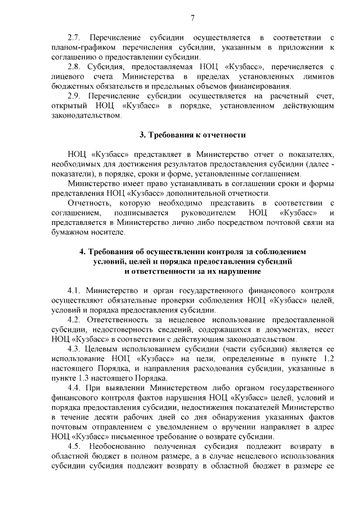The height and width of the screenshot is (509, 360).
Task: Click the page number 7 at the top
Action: (x=192, y=18)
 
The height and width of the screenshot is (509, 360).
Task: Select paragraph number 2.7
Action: (x=74, y=37)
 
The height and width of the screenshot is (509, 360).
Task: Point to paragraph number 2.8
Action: (x=74, y=66)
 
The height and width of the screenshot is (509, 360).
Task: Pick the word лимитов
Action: (x=319, y=76)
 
